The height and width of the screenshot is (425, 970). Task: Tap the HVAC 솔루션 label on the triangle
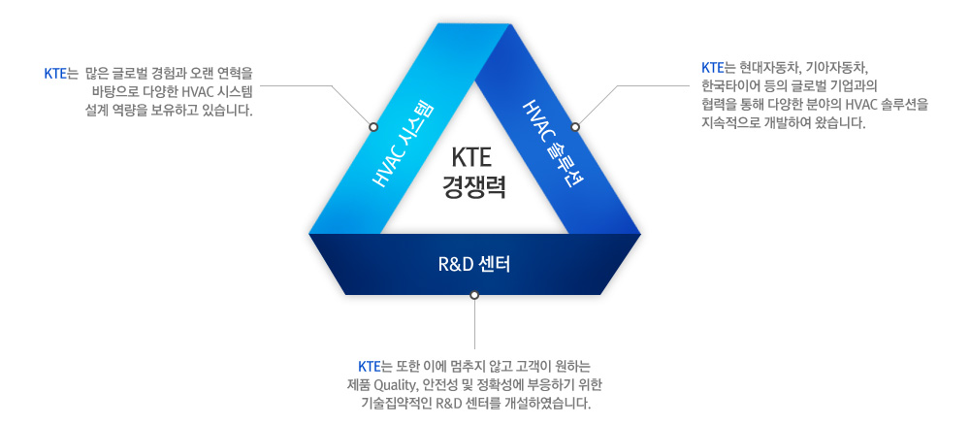pyautogui.click(x=553, y=143)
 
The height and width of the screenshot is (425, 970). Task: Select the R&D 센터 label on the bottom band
pyautogui.click(x=474, y=265)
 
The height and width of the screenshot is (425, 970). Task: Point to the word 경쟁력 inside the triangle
pyautogui.click(x=474, y=187)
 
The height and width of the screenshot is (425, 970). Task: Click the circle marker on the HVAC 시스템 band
pyautogui.click(x=373, y=127)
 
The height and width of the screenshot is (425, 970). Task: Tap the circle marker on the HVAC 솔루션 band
pyautogui.click(x=575, y=127)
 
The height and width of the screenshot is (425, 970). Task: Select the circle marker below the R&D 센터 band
pyautogui.click(x=474, y=295)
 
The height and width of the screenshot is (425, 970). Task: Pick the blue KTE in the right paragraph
pyautogui.click(x=712, y=66)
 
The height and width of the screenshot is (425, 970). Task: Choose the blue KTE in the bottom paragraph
pyautogui.click(x=369, y=367)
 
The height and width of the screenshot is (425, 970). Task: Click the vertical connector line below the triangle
pyautogui.click(x=474, y=324)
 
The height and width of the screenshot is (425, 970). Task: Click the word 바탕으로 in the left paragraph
pyautogui.click(x=110, y=93)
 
